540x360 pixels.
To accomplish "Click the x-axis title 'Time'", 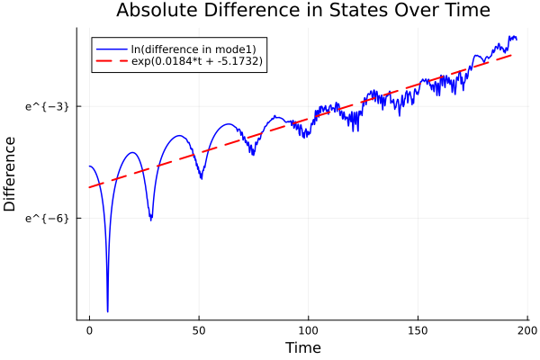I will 302,347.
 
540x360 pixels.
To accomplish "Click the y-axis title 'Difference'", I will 10,174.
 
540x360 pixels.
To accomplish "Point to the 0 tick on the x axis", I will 89,329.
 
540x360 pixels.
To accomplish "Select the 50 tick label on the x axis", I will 199,329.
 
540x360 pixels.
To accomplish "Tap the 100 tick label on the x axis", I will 309,329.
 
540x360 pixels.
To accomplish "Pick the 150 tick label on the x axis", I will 418,329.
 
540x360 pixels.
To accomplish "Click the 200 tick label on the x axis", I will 527,329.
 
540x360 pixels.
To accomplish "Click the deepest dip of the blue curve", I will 107,311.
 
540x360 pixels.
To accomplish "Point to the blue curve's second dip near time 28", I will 150,219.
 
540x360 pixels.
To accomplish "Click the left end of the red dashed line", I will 89,187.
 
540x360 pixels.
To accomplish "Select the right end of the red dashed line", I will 512,55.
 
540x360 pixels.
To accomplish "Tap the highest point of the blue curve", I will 511,36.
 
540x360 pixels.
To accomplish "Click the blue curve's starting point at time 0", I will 89,166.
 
